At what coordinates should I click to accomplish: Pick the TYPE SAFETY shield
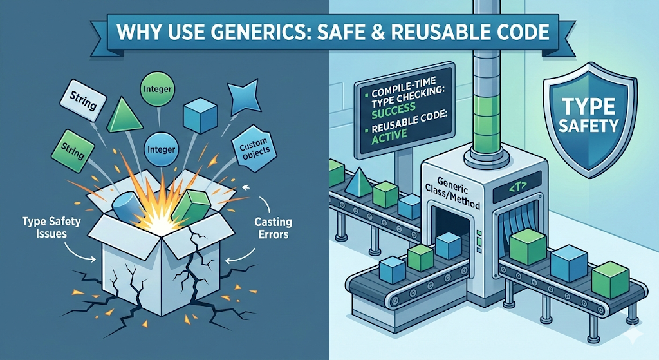(x=588, y=121)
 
